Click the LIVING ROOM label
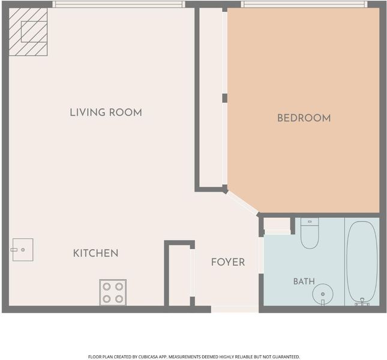point(106,113)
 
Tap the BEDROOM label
point(304,118)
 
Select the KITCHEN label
point(96,253)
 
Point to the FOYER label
point(228,262)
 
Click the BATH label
point(304,281)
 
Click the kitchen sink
point(23,250)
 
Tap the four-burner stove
point(113,292)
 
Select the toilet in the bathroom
point(310,233)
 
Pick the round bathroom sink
point(323,294)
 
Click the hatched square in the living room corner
point(28,32)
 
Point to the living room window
point(118,4)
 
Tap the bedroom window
point(304,4)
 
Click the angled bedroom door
point(242,203)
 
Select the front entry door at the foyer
point(235,310)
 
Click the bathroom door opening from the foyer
point(261,255)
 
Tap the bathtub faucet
point(362,302)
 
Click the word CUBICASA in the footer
point(149,357)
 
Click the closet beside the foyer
point(180,275)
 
